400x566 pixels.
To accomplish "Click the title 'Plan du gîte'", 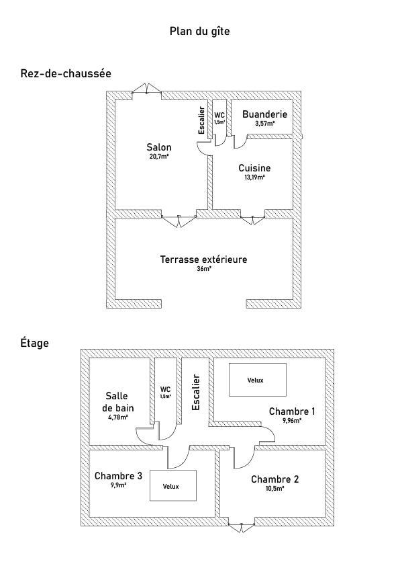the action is pos(199,32).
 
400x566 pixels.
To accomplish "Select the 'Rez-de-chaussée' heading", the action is pos(66,73).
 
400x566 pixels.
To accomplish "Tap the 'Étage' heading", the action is pos(35,342).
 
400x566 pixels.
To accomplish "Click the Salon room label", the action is pos(159,147).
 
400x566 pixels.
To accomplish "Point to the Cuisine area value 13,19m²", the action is pos(255,177).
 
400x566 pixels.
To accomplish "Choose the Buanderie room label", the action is pos(264,114).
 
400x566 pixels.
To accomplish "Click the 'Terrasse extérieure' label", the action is pos(203,259).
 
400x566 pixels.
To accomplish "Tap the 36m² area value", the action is pos(204,269).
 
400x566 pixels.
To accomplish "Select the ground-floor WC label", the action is pos(219,115).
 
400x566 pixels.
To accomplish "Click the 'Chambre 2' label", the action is pos(275,479).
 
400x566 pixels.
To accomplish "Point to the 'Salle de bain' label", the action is pos(118,402).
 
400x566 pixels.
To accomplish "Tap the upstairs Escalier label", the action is pos(196,393).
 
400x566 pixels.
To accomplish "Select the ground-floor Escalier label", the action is pos(201,120).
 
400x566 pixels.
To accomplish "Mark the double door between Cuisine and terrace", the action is pos(252,220).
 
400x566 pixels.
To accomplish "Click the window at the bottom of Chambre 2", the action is pos(242,527).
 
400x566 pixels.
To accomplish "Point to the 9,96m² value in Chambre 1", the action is pos(292,420).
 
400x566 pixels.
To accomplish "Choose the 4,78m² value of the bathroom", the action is pos(118,417).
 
